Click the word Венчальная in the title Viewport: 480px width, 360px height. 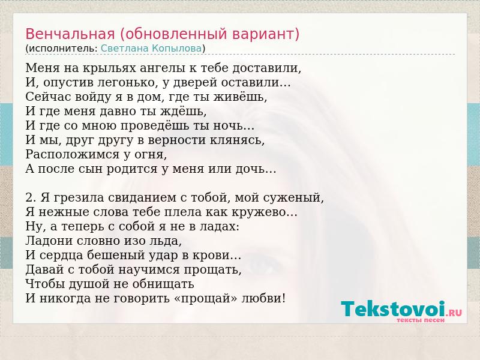70,34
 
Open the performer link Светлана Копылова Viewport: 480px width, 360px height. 151,48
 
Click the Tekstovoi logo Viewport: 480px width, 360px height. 401,308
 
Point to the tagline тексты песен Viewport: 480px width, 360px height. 421,320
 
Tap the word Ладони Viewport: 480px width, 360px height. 49,241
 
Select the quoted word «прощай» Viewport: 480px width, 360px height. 206,298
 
